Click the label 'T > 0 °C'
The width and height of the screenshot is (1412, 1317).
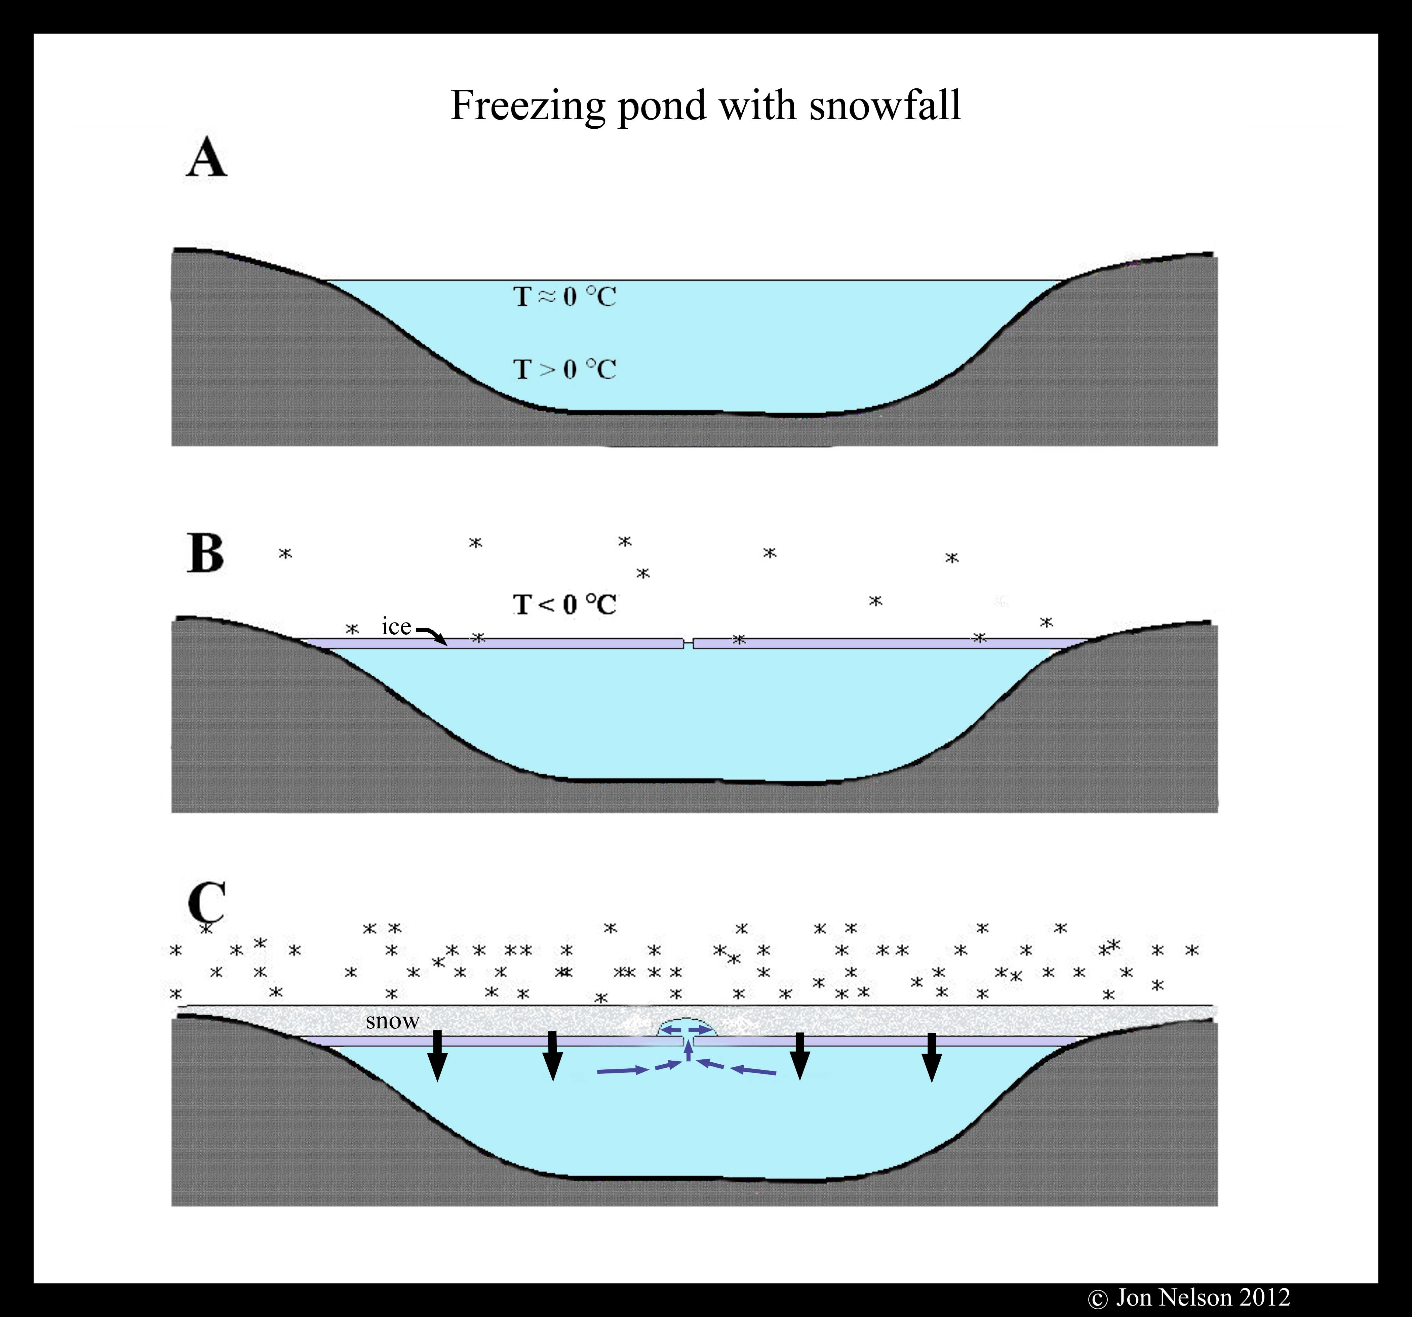[565, 369]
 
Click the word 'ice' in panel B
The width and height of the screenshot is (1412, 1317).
[396, 627]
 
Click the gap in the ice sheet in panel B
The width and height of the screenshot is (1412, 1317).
[688, 643]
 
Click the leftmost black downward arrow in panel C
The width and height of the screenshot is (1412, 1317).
[437, 1056]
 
